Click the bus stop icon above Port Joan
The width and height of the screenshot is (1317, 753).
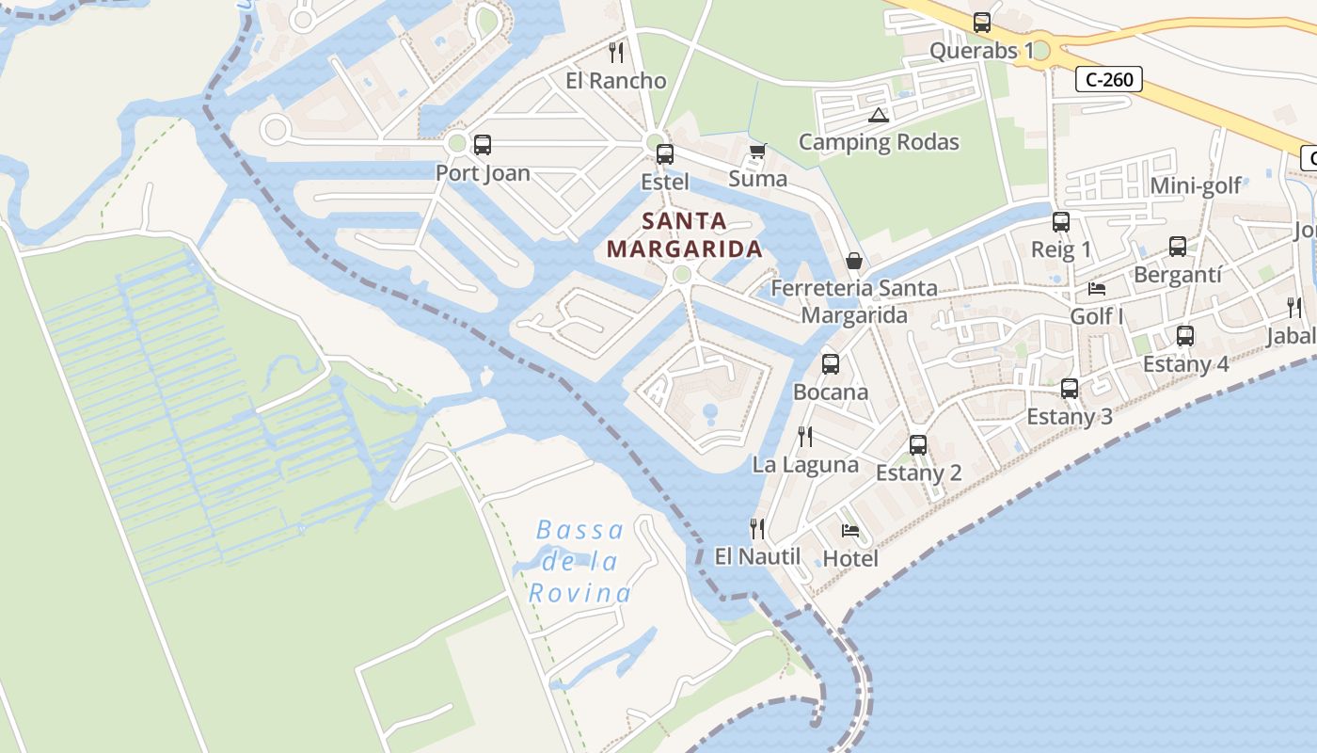[483, 145]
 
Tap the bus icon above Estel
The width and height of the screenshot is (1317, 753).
[665, 153]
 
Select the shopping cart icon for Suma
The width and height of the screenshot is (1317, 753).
[757, 151]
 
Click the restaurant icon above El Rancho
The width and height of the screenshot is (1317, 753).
[616, 52]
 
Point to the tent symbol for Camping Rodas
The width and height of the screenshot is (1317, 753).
[879, 116]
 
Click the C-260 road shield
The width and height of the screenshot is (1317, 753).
[1109, 79]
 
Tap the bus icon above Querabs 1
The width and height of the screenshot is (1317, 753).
[982, 23]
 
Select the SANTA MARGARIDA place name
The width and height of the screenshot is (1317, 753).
[684, 235]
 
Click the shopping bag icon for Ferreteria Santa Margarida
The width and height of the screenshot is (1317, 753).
[854, 260]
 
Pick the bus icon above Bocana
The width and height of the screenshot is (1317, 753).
[831, 364]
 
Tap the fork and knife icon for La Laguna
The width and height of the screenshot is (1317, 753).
[805, 436]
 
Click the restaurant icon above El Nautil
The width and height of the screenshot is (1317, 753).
[756, 528]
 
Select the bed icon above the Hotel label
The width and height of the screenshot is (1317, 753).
[850, 530]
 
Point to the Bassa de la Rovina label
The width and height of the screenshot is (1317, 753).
[579, 561]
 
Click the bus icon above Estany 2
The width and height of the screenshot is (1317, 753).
[918, 445]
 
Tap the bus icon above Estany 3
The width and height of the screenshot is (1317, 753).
[1070, 389]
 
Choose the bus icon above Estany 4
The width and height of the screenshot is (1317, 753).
[1185, 336]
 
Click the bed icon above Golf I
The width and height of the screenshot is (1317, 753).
[1097, 288]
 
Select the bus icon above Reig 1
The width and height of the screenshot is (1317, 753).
[1061, 222]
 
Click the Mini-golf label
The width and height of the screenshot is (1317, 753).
[1196, 185]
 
